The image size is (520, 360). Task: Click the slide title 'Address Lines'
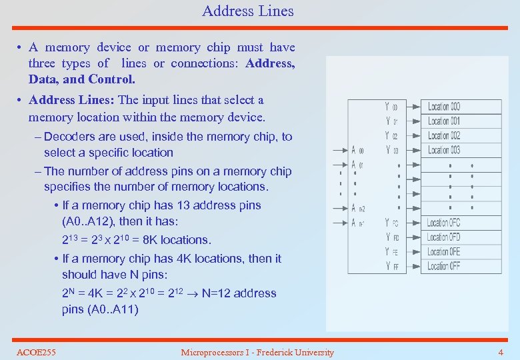coord(247,11)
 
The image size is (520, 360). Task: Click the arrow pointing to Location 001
coord(411,121)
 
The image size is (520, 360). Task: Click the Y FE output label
coord(391,252)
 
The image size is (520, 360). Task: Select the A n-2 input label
coord(358,208)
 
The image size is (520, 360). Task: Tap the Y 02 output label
coord(391,136)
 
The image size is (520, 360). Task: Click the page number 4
coord(501,352)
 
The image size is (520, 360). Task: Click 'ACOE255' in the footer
coord(36,352)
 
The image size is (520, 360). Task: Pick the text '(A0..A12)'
coord(89,221)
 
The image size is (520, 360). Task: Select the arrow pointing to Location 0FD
coord(411,237)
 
